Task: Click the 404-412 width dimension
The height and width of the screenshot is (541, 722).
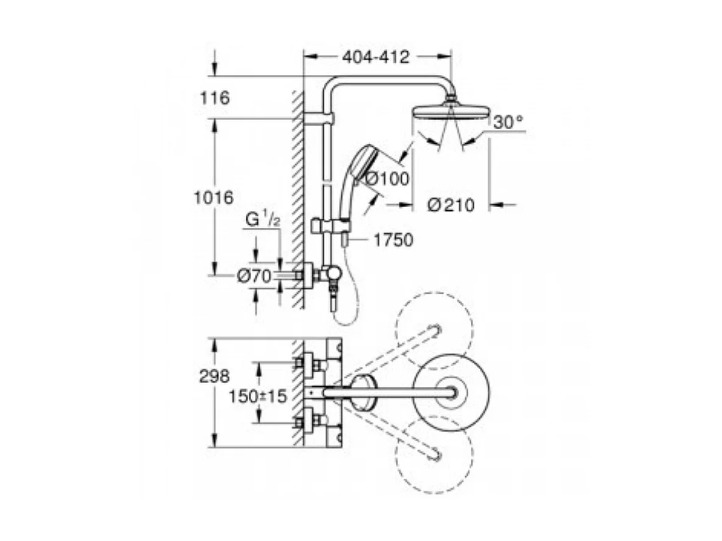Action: [x=375, y=57]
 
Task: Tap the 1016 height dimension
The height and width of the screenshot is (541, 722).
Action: [x=213, y=197]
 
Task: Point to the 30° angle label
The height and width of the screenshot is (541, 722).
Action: [x=509, y=122]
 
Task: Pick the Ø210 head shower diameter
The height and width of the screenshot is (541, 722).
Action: [x=451, y=205]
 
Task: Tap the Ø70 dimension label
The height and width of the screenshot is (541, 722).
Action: [x=254, y=276]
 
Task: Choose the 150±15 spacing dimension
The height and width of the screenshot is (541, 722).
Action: [x=257, y=396]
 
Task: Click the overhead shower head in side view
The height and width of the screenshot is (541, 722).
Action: [x=451, y=112]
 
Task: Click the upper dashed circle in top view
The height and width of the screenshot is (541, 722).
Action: [x=434, y=331]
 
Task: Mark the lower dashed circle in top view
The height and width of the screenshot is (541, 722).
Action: [x=434, y=454]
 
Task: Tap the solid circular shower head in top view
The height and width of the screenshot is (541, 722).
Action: [x=451, y=392]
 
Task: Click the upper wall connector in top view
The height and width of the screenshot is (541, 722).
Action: [x=310, y=364]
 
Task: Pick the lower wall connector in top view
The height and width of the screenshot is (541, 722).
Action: [x=310, y=421]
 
